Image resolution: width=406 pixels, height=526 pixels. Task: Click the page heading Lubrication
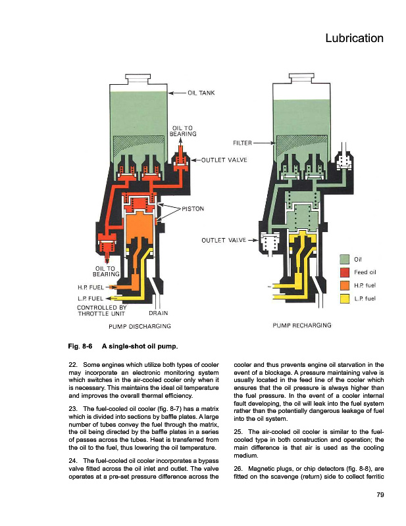tap(354, 38)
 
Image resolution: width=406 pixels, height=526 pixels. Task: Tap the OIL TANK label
tap(201, 93)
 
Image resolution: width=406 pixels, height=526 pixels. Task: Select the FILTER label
tap(242, 143)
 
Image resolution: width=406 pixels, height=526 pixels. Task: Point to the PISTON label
tap(193, 208)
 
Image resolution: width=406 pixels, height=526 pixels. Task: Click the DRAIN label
tap(158, 313)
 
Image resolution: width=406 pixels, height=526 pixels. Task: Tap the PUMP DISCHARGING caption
tap(140, 326)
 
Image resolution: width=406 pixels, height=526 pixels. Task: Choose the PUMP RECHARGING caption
tap(302, 325)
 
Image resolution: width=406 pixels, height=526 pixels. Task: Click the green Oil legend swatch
tap(345, 259)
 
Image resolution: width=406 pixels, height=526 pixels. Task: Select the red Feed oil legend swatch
tap(345, 272)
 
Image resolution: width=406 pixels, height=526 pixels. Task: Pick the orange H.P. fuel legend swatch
tap(345, 285)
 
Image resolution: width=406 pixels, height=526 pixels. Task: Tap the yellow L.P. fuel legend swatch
tap(345, 299)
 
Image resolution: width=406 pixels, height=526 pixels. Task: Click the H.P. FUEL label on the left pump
tap(91, 287)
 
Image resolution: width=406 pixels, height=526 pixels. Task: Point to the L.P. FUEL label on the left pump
tap(90, 299)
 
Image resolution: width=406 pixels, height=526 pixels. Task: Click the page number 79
tap(380, 495)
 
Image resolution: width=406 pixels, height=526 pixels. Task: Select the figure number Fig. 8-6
tap(80, 347)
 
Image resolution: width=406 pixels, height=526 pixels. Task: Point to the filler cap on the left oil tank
tap(138, 79)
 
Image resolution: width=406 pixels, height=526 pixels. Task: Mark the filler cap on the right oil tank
tap(301, 78)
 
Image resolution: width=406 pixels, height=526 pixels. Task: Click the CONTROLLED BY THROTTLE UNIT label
tap(102, 310)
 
